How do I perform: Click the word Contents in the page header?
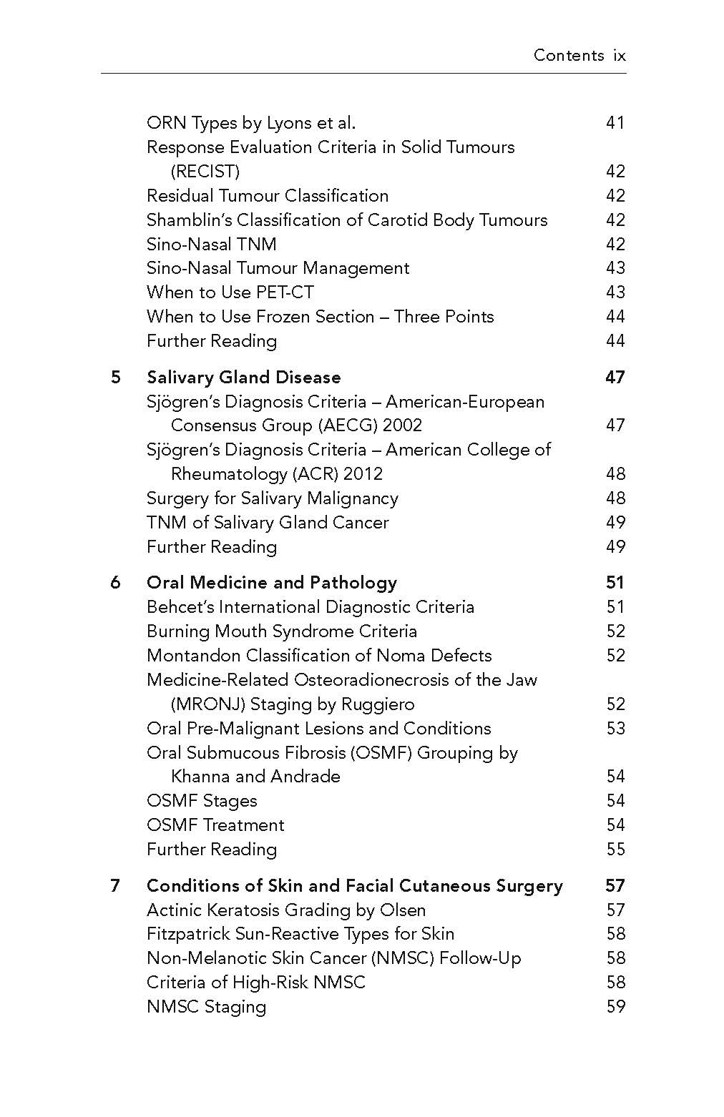(569, 55)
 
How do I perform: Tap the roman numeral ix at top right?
(619, 55)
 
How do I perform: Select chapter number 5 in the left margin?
(116, 377)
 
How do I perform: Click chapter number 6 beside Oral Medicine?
(116, 583)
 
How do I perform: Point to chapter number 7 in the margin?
(116, 885)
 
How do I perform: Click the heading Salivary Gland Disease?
(243, 377)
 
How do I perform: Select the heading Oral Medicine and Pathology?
(271, 583)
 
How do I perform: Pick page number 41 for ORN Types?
(615, 123)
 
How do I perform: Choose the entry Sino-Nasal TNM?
(211, 244)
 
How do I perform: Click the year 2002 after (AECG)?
(402, 425)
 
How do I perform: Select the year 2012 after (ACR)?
(363, 473)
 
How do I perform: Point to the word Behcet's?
(180, 607)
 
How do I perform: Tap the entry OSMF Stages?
(202, 801)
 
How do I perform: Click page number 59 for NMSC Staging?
(615, 1007)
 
